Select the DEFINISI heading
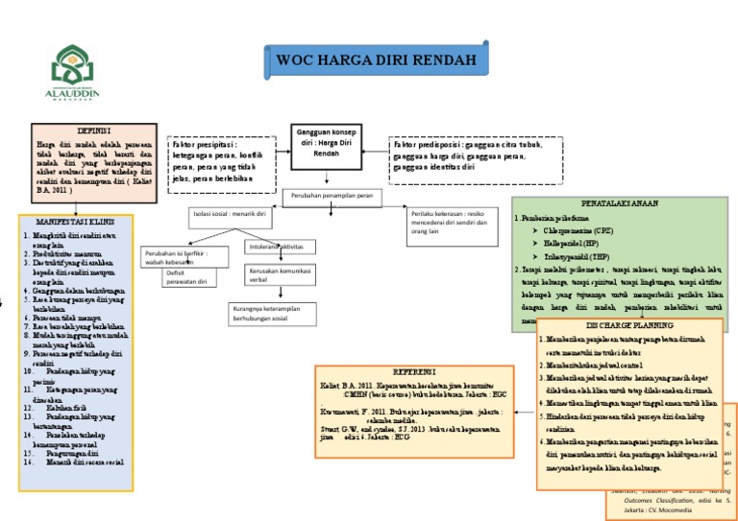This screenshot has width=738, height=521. click(x=94, y=130)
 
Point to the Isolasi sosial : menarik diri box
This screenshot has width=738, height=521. click(x=231, y=214)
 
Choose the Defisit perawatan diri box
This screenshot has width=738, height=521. click(x=189, y=278)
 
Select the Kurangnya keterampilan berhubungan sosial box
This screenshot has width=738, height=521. click(x=272, y=315)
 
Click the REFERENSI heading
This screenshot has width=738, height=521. click(x=414, y=370)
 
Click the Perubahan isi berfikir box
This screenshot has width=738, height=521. click(x=187, y=256)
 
